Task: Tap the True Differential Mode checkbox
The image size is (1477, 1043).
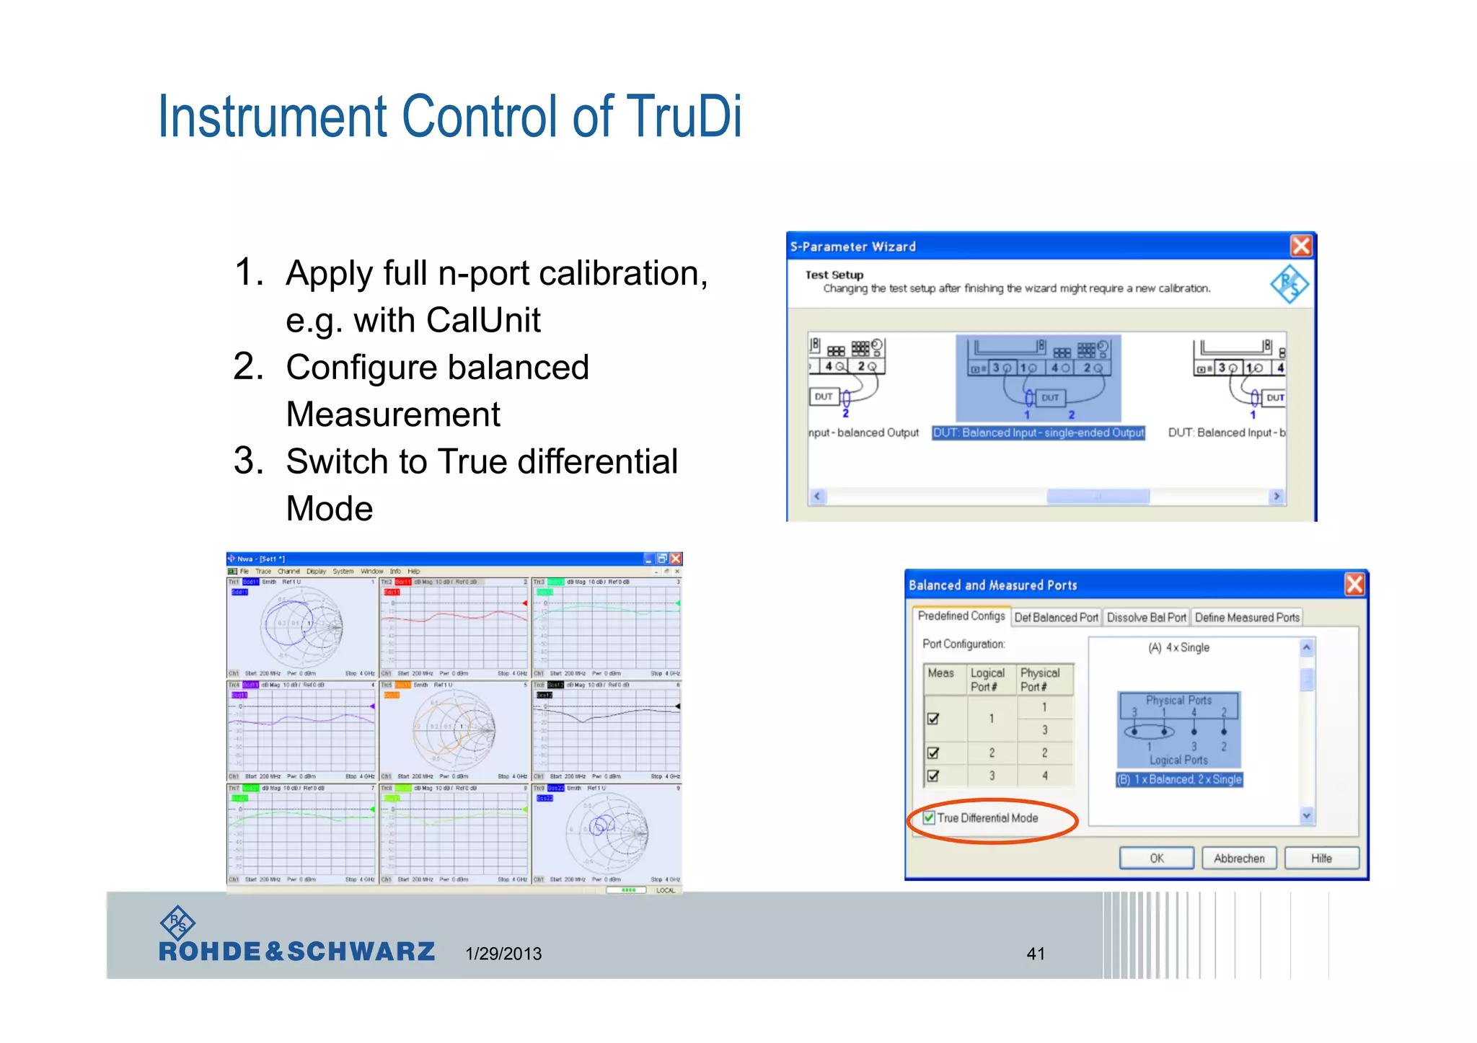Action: coord(930,817)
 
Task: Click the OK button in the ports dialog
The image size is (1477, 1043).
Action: coord(1156,858)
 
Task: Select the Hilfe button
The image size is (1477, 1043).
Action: coord(1321,858)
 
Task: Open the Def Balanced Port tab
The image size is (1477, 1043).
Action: coord(1056,617)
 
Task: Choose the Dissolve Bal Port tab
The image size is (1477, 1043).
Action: coord(1146,617)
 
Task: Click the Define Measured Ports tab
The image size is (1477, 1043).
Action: coord(1247,617)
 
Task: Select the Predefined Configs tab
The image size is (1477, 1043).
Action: coord(961,616)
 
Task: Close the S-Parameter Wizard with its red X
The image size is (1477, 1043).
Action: coord(1300,247)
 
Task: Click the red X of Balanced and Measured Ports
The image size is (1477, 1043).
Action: coord(1354,584)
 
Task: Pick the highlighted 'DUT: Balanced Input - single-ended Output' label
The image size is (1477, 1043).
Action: coord(1039,432)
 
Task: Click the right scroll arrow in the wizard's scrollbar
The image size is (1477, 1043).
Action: coord(1277,496)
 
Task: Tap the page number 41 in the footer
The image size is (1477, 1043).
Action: coord(1036,954)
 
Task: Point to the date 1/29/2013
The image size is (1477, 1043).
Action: coord(503,954)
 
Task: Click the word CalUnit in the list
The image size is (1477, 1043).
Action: coord(483,320)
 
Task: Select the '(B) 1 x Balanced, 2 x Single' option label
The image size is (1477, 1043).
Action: coord(1179,779)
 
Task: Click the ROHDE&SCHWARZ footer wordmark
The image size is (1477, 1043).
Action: coord(296,951)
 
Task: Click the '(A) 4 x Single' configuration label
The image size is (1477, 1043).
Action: coord(1178,647)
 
